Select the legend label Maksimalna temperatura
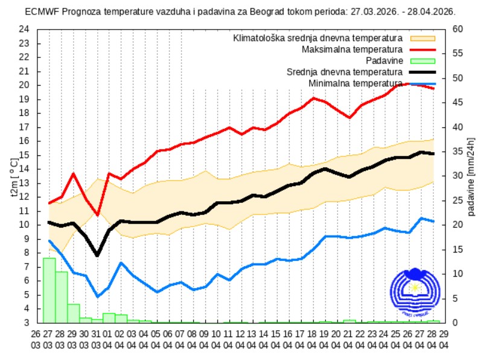pyautogui.click(x=355, y=49)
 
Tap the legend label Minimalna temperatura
pyautogui.click(x=355, y=83)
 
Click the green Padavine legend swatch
pyautogui.click(x=422, y=60)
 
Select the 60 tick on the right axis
pyautogui.click(x=458, y=29)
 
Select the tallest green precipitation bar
pyautogui.click(x=49, y=290)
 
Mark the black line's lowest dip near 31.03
pyautogui.click(x=97, y=256)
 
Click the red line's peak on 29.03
pyautogui.click(x=73, y=174)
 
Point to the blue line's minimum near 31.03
pyautogui.click(x=97, y=297)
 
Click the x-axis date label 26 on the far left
pyautogui.click(x=36, y=333)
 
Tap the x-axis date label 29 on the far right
pyautogui.click(x=445, y=333)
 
